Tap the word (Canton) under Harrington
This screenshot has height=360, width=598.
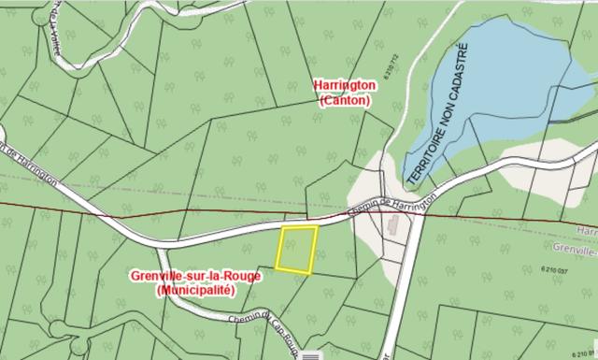[345, 100]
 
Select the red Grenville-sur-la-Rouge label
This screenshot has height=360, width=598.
[195, 277]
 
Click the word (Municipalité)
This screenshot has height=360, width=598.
[195, 291]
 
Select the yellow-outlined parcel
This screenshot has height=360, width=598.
[297, 249]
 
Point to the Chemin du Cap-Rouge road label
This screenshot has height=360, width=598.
[267, 330]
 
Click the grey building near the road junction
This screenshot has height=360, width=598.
[392, 225]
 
